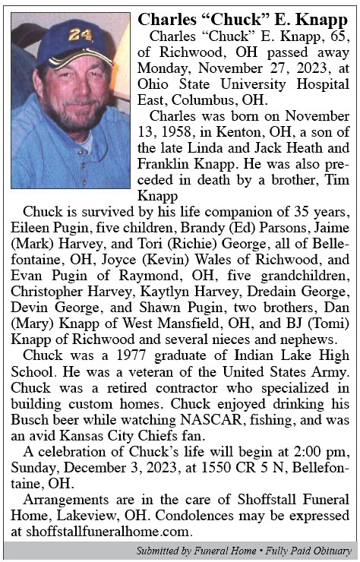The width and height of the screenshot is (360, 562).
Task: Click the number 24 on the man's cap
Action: click(x=79, y=35)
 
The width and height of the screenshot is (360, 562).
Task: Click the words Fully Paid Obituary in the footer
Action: click(x=309, y=551)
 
